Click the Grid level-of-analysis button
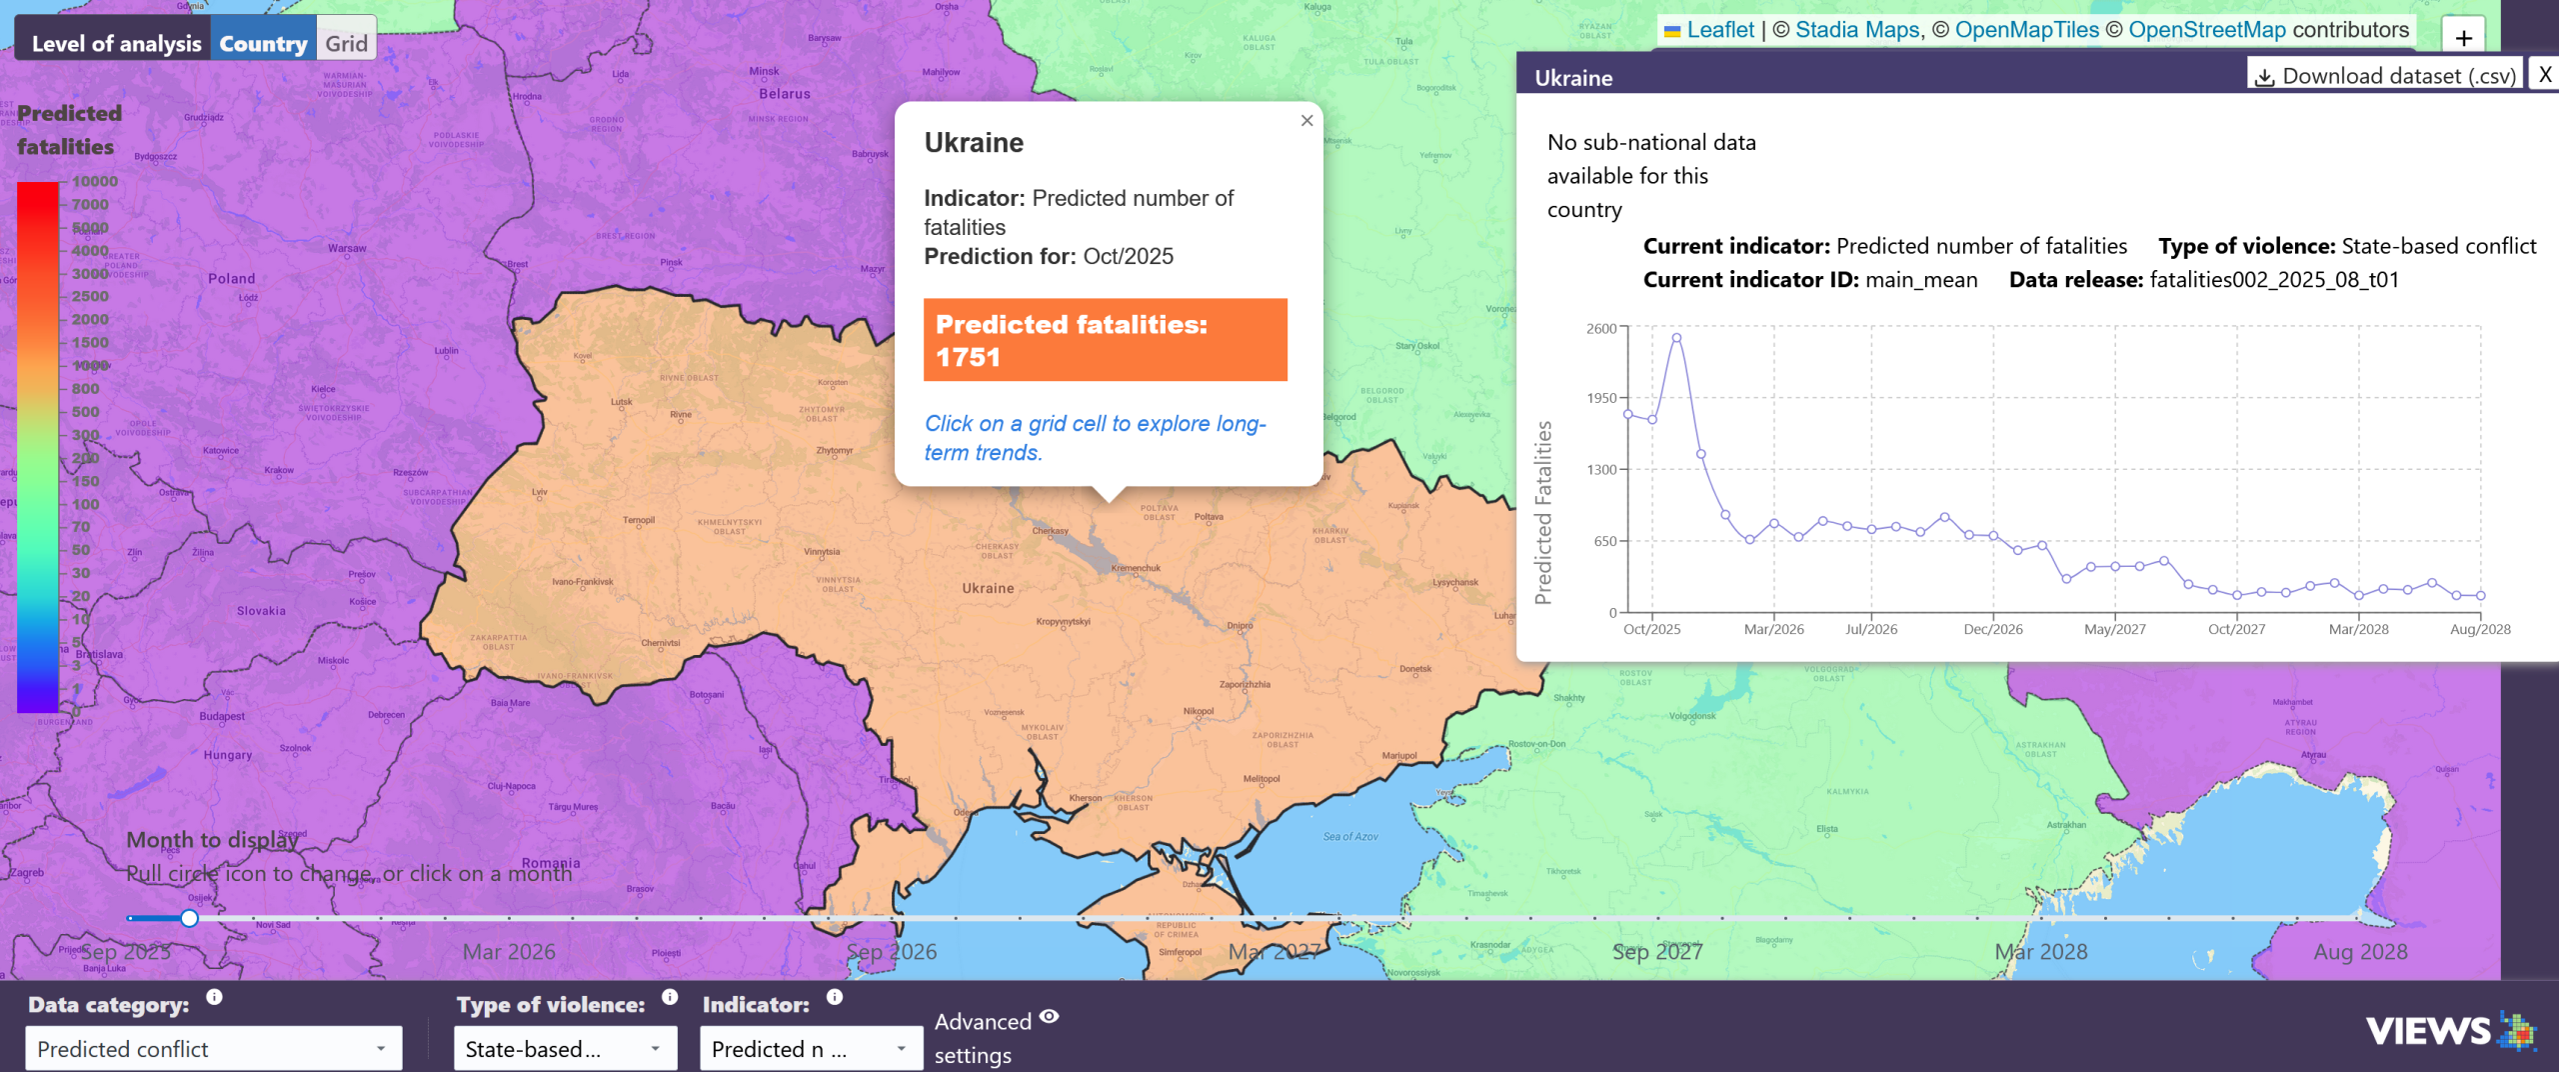point(346,43)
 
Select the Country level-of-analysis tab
point(263,43)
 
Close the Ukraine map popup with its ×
point(1306,121)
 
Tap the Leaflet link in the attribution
point(1719,30)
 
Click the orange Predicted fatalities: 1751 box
point(1105,340)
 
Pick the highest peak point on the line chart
point(1676,338)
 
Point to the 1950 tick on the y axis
point(1601,398)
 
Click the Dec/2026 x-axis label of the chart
point(1992,629)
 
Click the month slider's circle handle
point(189,918)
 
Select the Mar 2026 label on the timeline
point(509,952)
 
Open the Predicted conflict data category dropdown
point(213,1049)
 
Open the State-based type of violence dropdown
point(565,1049)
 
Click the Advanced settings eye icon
point(1049,1017)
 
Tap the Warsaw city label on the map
point(347,248)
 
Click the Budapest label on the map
point(222,716)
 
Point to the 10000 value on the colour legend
point(95,181)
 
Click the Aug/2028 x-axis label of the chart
point(2479,629)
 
